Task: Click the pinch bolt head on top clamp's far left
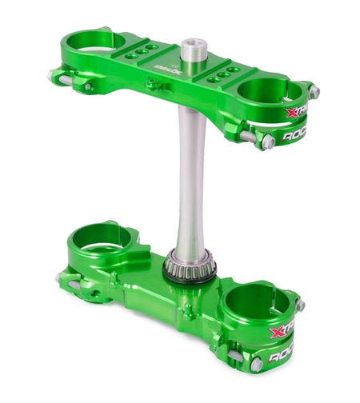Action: [x=54, y=75]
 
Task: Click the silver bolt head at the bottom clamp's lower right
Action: [x=257, y=365]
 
